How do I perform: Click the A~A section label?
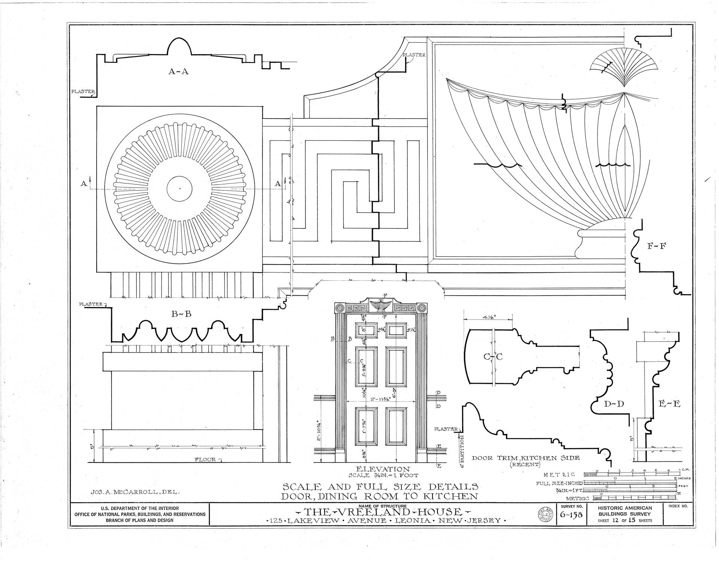[x=178, y=71]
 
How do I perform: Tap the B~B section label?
[x=181, y=314]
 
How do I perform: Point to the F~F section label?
[x=656, y=247]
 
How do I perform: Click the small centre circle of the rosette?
[x=179, y=189]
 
